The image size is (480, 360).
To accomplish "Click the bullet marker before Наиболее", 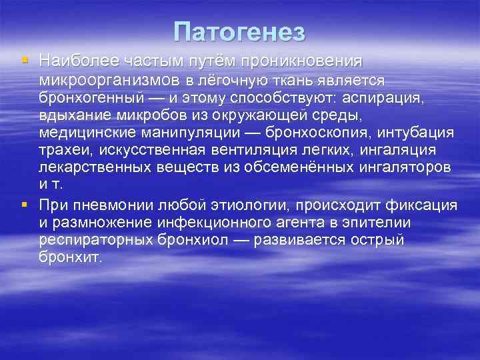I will click(x=25, y=61).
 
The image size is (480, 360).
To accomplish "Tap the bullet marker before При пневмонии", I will click(x=25, y=204).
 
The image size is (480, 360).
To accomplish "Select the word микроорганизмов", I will click(x=111, y=80).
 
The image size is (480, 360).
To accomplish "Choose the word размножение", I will click(x=109, y=222).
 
